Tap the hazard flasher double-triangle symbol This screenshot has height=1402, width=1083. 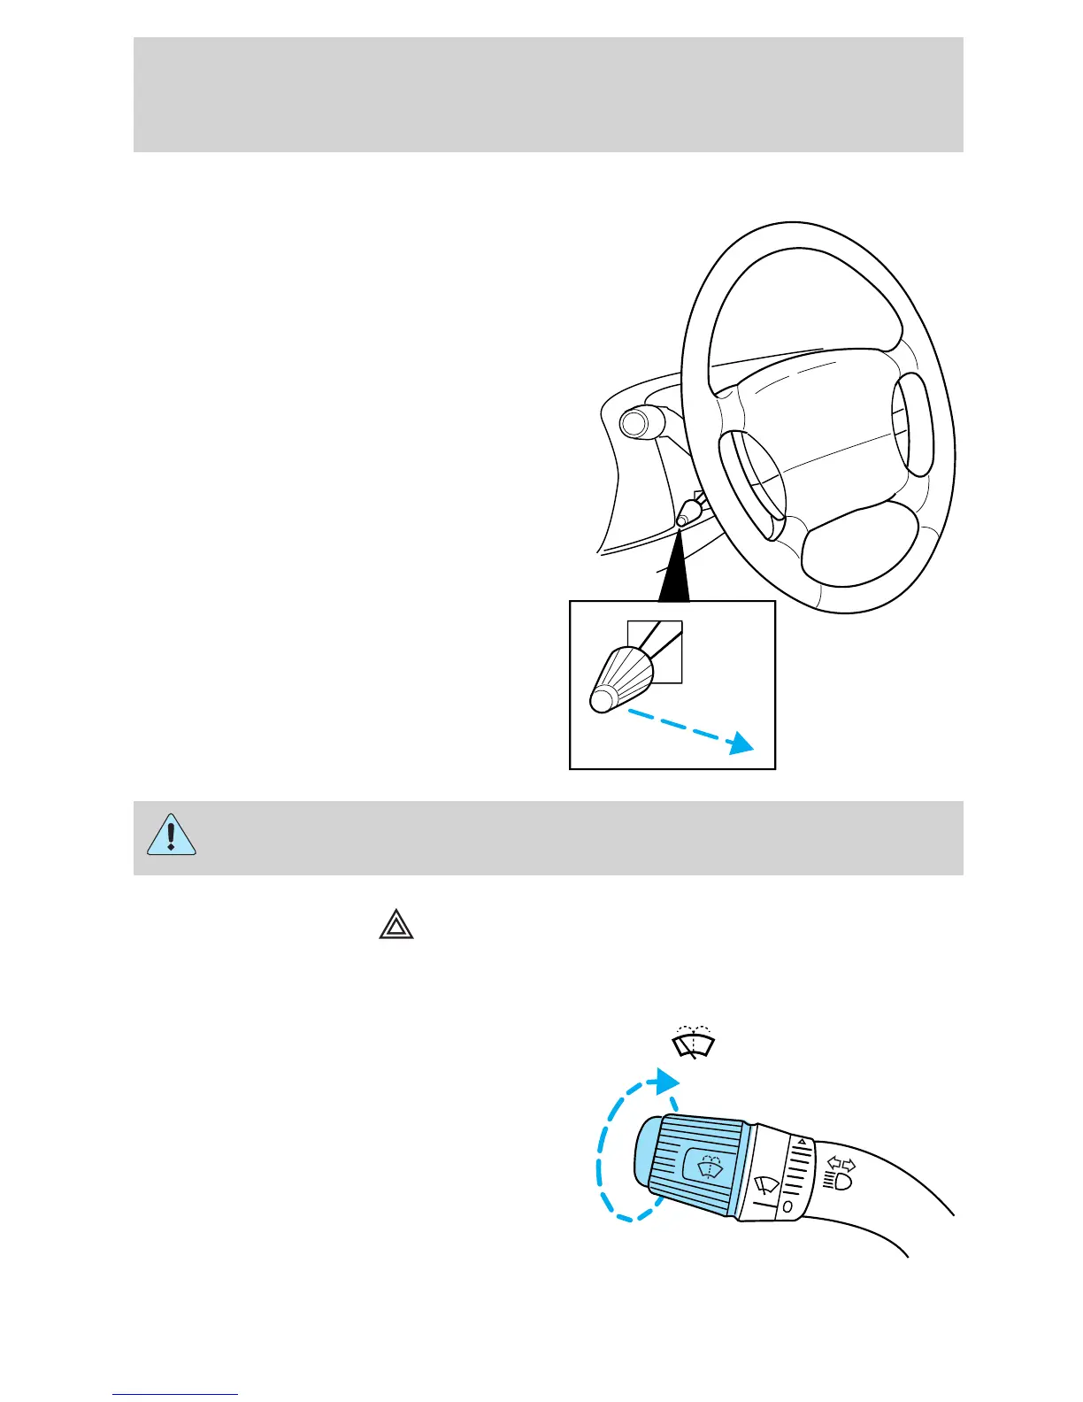point(396,925)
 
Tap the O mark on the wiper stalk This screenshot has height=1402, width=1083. point(787,1205)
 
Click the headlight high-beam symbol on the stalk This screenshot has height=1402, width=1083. point(838,1180)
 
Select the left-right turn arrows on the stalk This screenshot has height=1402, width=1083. point(841,1163)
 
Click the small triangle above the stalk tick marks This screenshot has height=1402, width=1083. point(802,1143)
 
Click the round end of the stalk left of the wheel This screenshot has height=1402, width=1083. point(634,423)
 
